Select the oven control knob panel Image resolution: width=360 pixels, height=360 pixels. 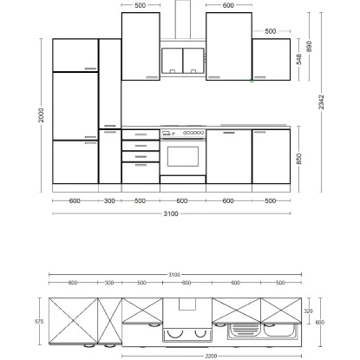pyautogui.click(x=183, y=134)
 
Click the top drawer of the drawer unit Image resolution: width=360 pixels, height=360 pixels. pyautogui.click(x=141, y=133)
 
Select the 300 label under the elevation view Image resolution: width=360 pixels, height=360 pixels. pyautogui.click(x=110, y=201)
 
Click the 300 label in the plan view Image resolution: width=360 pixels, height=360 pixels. pyautogui.click(x=110, y=283)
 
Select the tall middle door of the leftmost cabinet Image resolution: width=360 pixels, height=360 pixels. pyautogui.click(x=75, y=105)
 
